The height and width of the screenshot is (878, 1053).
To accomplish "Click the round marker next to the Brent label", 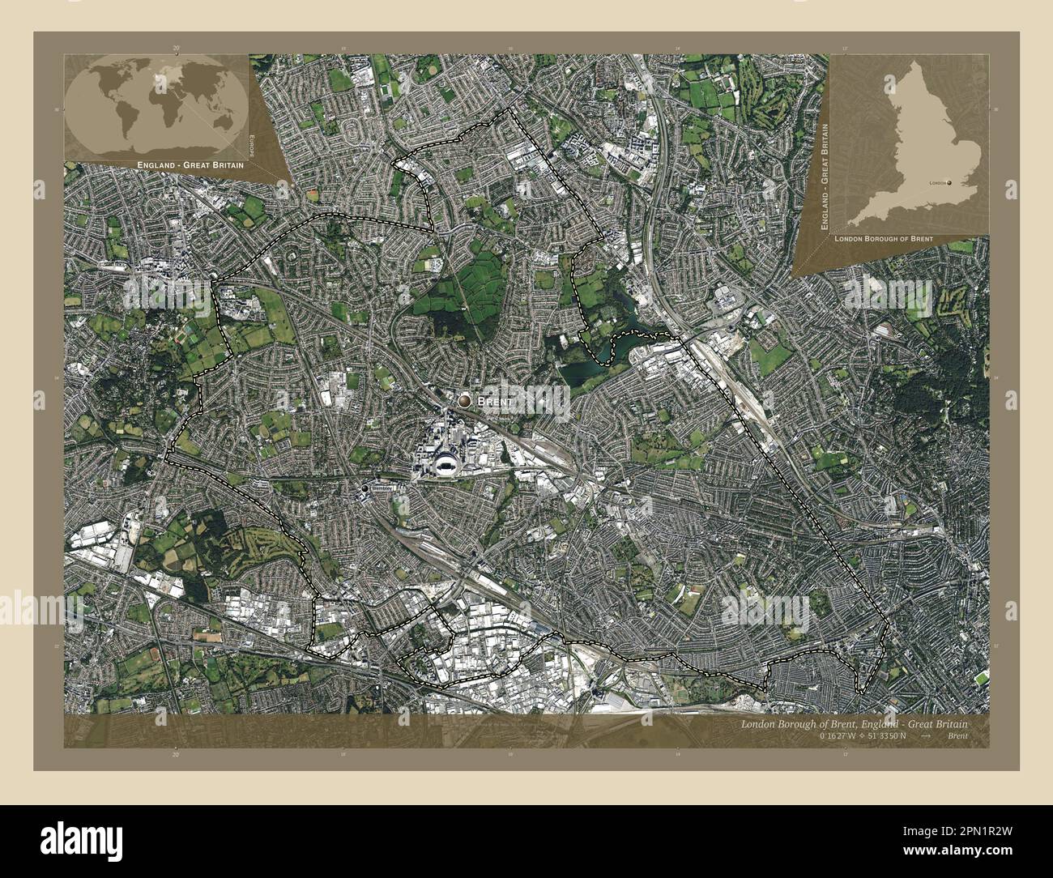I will pyautogui.click(x=464, y=400).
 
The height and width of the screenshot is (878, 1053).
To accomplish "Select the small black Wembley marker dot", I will pyautogui.click(x=365, y=489).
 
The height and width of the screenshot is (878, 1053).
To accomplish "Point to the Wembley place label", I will pyautogui.click(x=381, y=489).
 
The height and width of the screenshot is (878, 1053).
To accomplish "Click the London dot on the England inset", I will pyautogui.click(x=951, y=183).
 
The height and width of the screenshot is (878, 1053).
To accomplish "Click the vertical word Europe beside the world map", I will pyautogui.click(x=252, y=146).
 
